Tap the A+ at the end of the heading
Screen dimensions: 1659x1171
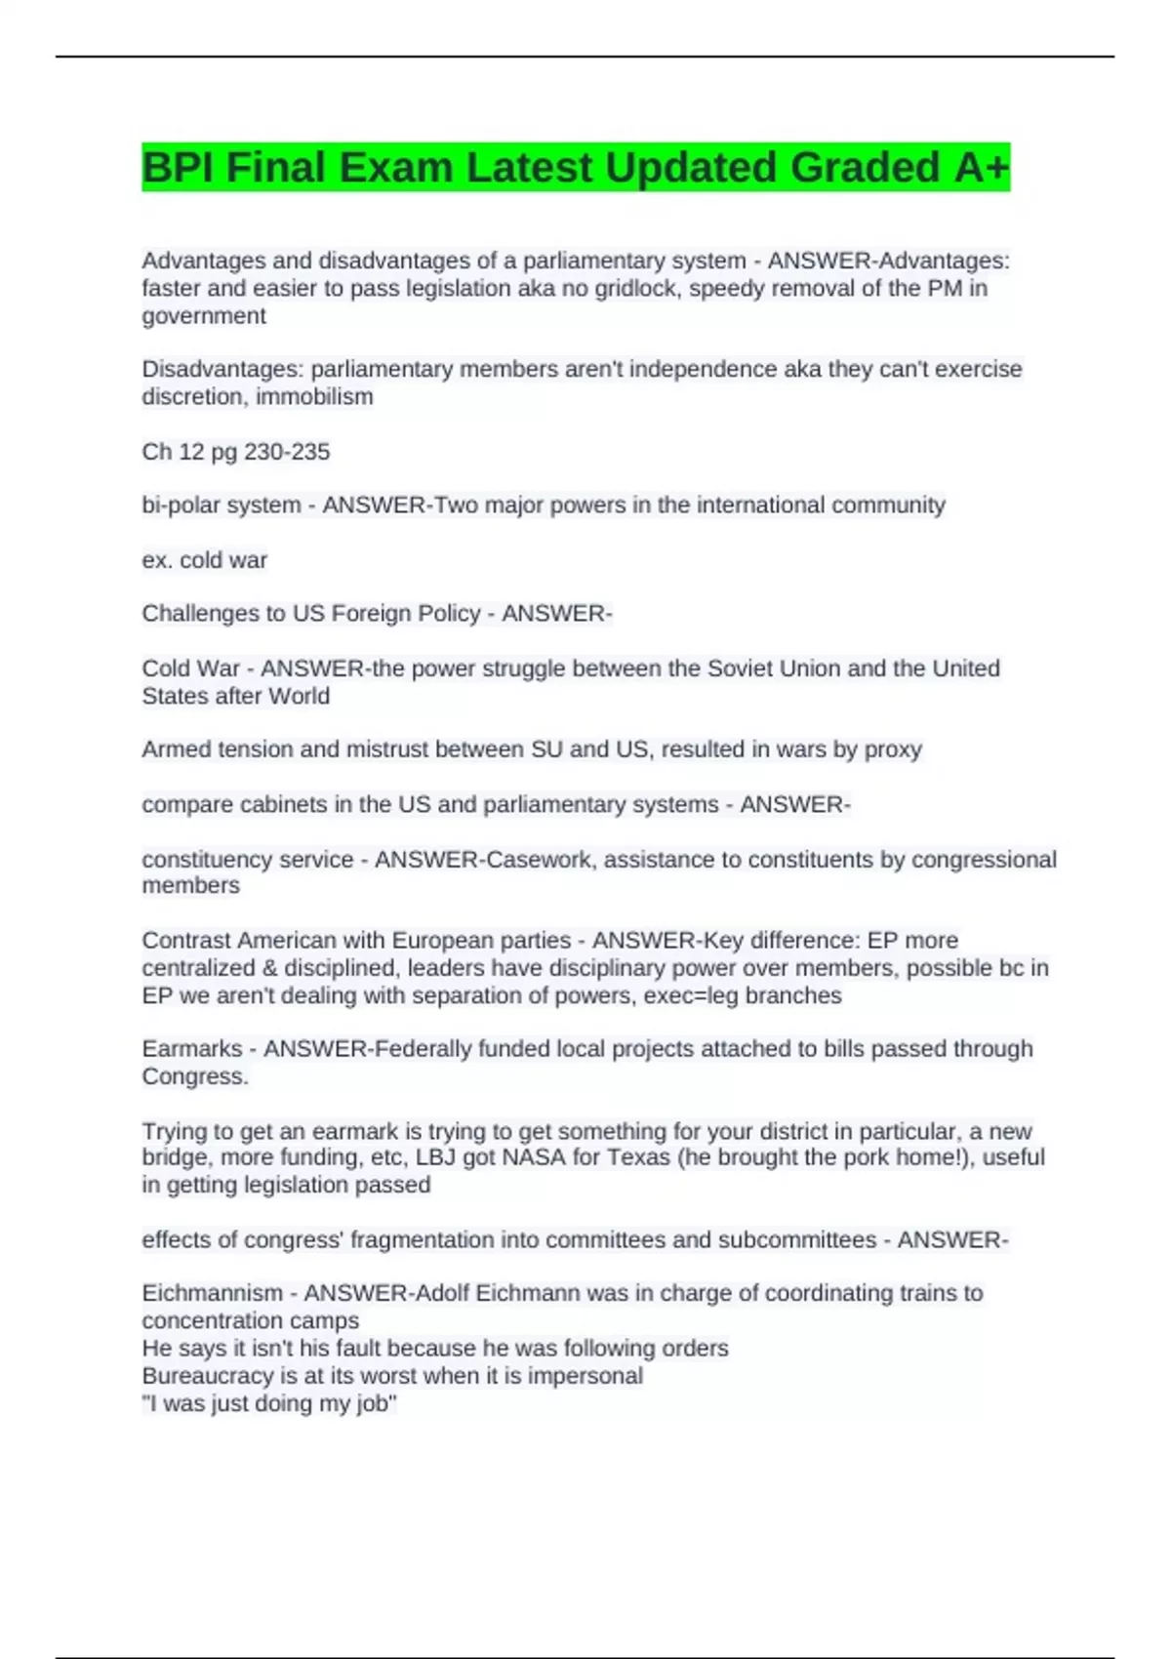[981, 168]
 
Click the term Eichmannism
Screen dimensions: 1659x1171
[212, 1293]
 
